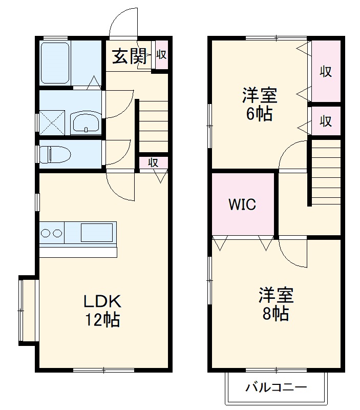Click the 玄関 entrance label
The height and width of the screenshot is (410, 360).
coord(127,56)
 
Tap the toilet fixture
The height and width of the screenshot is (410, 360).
coord(56,154)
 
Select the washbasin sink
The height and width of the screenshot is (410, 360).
coord(85,122)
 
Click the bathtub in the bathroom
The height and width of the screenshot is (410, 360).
coord(55,63)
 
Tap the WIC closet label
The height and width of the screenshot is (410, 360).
coord(242,204)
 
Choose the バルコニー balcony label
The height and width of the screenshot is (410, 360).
coord(276,387)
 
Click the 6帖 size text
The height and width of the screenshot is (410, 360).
coord(259,114)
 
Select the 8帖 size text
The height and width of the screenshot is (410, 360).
coord(276,313)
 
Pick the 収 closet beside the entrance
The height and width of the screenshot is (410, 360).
coord(161,54)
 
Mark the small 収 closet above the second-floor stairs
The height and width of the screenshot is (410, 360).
coord(326,121)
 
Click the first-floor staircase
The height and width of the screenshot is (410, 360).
coord(152,126)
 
